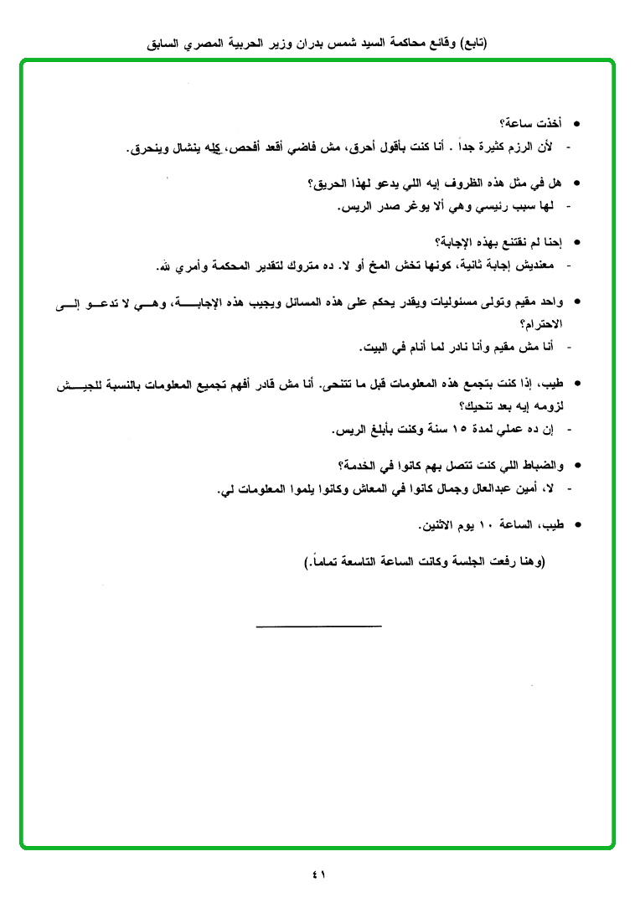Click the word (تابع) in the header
(x=472, y=42)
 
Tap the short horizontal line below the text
(x=318, y=625)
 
